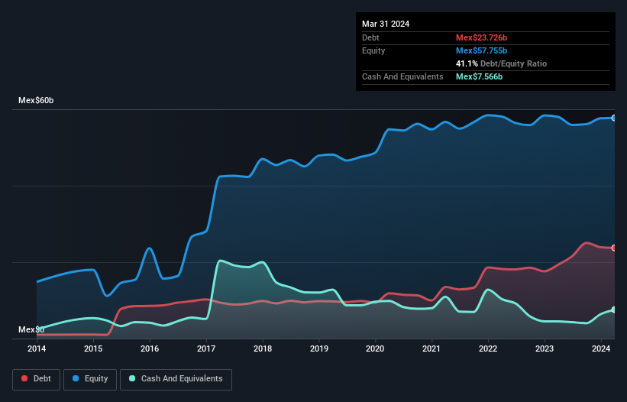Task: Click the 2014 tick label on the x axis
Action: pyautogui.click(x=37, y=349)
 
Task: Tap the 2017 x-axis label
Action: pyautogui.click(x=206, y=349)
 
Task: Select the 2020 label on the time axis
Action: pyautogui.click(x=375, y=349)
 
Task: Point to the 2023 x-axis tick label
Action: pyautogui.click(x=545, y=349)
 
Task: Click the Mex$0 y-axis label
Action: pyautogui.click(x=31, y=329)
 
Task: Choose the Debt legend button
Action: pyautogui.click(x=36, y=378)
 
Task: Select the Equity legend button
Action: pyautogui.click(x=90, y=378)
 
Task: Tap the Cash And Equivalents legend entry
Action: pyautogui.click(x=176, y=378)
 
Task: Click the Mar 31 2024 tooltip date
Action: pyautogui.click(x=386, y=24)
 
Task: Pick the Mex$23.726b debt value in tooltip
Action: pyautogui.click(x=481, y=37)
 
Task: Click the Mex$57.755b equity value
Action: pyautogui.click(x=481, y=50)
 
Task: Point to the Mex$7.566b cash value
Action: pyautogui.click(x=479, y=76)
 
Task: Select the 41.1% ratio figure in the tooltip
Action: pyautogui.click(x=467, y=63)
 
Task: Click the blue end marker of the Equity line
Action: pyautogui.click(x=614, y=118)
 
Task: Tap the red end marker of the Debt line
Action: pyautogui.click(x=614, y=248)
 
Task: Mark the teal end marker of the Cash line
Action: pyautogui.click(x=614, y=310)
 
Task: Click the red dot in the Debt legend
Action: pyautogui.click(x=26, y=378)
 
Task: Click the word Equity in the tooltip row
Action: pyautogui.click(x=373, y=50)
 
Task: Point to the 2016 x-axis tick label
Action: pyautogui.click(x=150, y=349)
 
